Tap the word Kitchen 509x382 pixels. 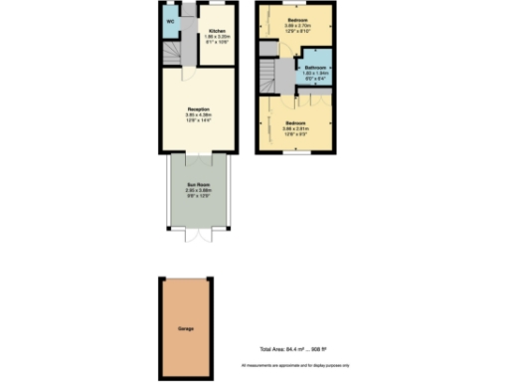click(216, 32)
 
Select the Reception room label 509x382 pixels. click(198, 108)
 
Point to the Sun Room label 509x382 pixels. click(198, 185)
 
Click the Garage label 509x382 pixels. click(186, 327)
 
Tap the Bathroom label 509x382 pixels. click(317, 68)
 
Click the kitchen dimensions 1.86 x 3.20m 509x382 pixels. click(216, 38)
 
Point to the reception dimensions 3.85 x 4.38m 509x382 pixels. click(198, 115)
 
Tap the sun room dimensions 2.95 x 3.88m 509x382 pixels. click(198, 191)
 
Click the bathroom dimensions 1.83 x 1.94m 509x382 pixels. click(317, 75)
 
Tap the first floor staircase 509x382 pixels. click(267, 72)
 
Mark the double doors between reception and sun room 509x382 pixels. click(198, 155)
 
